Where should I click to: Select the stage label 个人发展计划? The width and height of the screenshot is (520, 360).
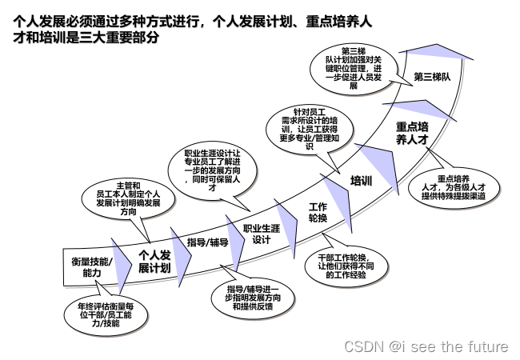pyautogui.click(x=154, y=262)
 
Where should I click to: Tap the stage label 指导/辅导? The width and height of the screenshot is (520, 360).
pyautogui.click(x=207, y=242)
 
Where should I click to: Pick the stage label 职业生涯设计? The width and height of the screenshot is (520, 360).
pyautogui.click(x=262, y=233)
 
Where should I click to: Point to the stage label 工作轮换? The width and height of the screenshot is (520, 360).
pyautogui.click(x=318, y=213)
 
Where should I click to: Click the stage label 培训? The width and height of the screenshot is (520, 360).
pyautogui.click(x=362, y=181)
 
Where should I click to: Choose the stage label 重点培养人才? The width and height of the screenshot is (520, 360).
pyautogui.click(x=413, y=132)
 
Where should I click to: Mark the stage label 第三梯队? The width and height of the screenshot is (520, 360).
pyautogui.click(x=433, y=78)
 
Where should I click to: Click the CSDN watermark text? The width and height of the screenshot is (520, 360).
pyautogui.click(x=426, y=346)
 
